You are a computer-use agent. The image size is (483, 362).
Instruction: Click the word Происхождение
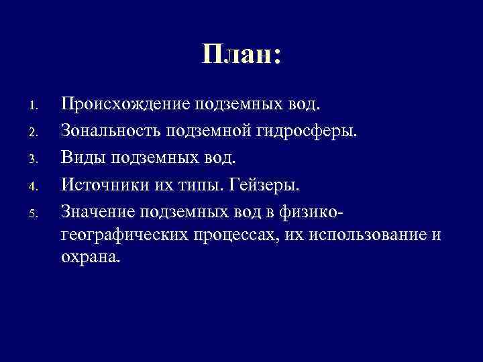(125, 105)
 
